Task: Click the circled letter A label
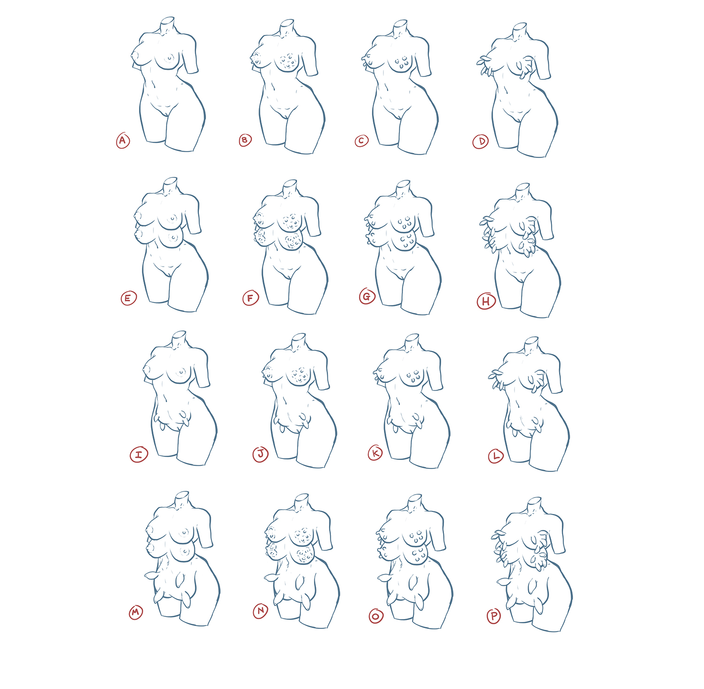(x=123, y=140)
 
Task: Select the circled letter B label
(x=245, y=140)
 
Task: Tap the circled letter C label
(x=361, y=141)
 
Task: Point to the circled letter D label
(x=481, y=141)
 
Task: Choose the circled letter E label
(x=129, y=298)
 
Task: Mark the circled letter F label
(x=251, y=298)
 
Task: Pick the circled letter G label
(x=367, y=297)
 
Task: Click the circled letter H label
(x=486, y=301)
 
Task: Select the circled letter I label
(x=138, y=454)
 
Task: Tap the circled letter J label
(x=261, y=454)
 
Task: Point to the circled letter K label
(x=375, y=453)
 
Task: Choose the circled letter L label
(x=496, y=456)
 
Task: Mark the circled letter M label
(x=136, y=612)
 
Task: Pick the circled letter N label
(x=260, y=611)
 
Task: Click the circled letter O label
(x=376, y=616)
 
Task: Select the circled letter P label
(x=494, y=616)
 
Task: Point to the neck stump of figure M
(x=181, y=499)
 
